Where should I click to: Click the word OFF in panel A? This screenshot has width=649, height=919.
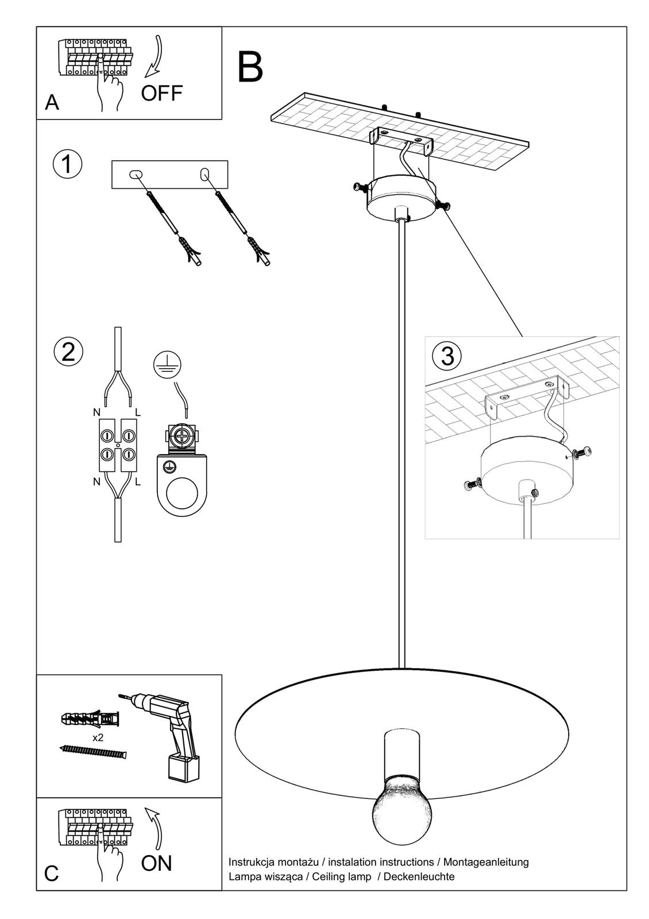point(161,93)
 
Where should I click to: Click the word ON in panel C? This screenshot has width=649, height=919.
point(156,863)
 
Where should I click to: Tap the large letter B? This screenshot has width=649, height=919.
point(250,68)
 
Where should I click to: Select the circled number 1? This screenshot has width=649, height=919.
point(67,164)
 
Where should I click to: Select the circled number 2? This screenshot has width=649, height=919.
point(68,351)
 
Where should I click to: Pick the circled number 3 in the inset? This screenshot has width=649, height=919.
point(447,356)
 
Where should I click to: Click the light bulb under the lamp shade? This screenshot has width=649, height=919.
point(401,808)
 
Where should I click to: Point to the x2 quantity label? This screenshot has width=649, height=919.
point(98,737)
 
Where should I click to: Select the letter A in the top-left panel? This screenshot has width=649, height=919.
point(52,103)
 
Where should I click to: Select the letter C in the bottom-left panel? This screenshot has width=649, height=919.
point(51,874)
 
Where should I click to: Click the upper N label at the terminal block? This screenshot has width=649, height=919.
point(96,412)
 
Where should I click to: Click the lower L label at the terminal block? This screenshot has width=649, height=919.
point(138,482)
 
